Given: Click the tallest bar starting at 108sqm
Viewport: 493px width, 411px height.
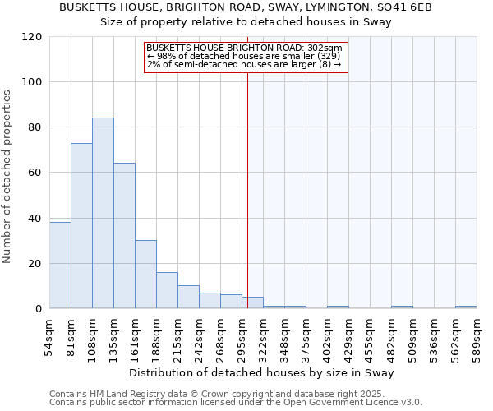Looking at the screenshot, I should [103, 214].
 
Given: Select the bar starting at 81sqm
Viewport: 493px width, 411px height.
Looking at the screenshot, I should [81, 226].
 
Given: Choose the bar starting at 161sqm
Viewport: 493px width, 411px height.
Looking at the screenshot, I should [145, 275].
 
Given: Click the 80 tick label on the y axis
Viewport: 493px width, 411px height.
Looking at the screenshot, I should [35, 127].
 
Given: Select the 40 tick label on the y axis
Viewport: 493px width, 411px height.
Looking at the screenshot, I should [35, 219].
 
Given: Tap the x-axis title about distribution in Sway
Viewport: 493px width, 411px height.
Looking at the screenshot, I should [262, 372].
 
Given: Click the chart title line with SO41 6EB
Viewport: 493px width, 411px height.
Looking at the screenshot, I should [246, 7].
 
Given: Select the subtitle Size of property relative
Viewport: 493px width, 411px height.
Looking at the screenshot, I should [246, 22].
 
